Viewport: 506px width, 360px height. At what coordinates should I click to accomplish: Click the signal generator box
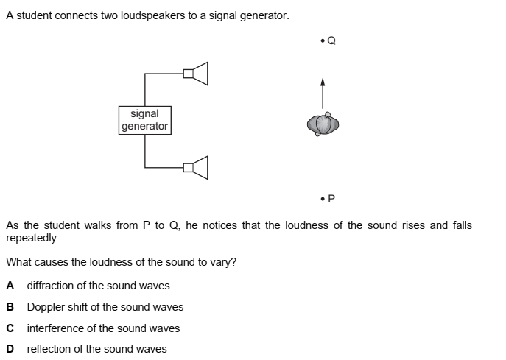pyautogui.click(x=144, y=120)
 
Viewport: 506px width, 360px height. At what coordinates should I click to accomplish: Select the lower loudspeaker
pyautogui.click(x=197, y=168)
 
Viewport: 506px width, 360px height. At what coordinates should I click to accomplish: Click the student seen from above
pyautogui.click(x=323, y=124)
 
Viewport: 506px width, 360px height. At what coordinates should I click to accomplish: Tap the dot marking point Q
pyautogui.click(x=323, y=40)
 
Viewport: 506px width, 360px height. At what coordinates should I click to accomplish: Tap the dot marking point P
pyautogui.click(x=323, y=198)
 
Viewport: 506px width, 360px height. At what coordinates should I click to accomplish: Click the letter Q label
pyautogui.click(x=331, y=40)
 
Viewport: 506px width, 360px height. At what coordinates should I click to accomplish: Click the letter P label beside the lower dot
pyautogui.click(x=331, y=198)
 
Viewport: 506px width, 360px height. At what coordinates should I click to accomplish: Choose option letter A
pyautogui.click(x=10, y=286)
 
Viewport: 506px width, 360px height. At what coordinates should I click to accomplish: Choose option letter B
pyautogui.click(x=10, y=307)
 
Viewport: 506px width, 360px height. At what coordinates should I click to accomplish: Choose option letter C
pyautogui.click(x=10, y=328)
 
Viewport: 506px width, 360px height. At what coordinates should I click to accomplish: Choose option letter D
pyautogui.click(x=10, y=349)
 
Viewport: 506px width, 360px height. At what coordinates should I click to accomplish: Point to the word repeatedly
pyautogui.click(x=32, y=238)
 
